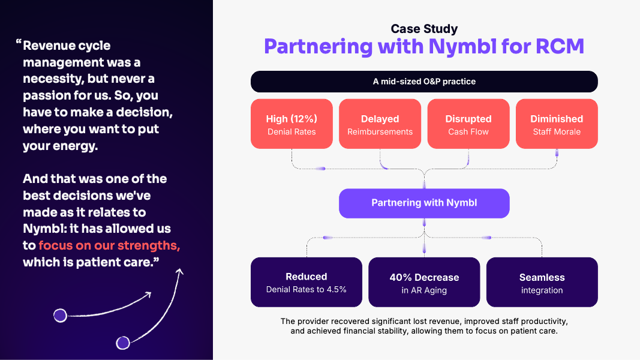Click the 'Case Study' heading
tap(424, 29)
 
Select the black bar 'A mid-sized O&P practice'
tap(424, 82)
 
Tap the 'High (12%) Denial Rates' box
tap(292, 124)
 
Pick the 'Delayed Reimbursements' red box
tap(380, 124)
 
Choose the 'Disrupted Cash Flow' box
tap(468, 124)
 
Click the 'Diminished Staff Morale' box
tap(557, 124)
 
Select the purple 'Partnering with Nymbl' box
tap(424, 203)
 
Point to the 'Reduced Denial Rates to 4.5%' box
tap(307, 283)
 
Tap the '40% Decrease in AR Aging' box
tap(424, 283)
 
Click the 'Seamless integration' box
tap(542, 283)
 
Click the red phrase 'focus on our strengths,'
tap(109, 245)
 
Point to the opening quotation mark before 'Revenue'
tap(19, 43)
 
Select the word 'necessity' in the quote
tap(52, 79)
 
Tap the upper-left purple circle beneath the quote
tap(60, 315)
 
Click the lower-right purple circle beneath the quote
tap(123, 343)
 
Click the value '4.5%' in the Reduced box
tap(335, 290)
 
